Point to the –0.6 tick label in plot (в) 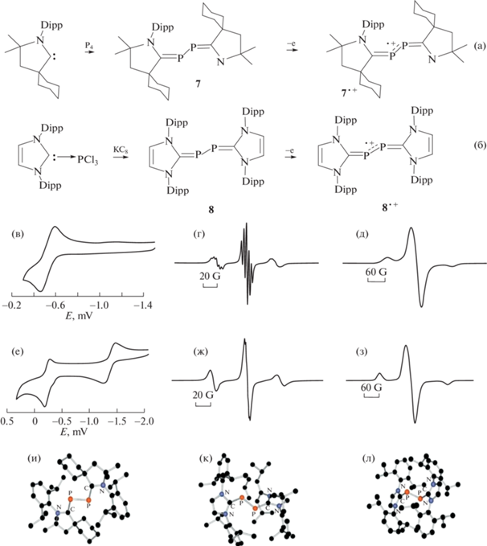(56, 307)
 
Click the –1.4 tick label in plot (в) (145, 307)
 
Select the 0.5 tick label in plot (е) (10, 420)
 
